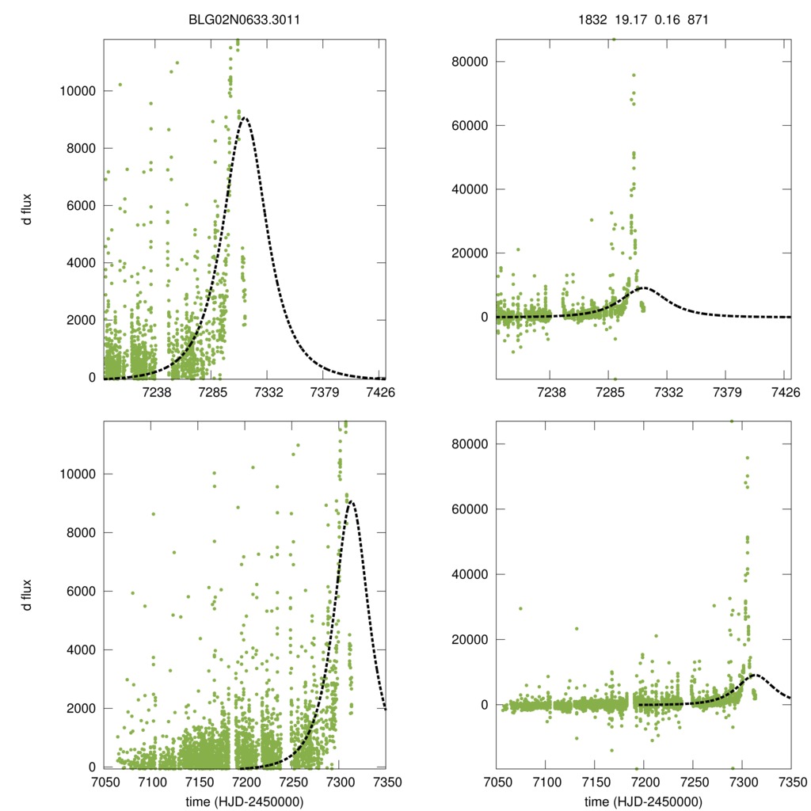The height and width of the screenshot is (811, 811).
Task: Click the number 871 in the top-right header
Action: pyautogui.click(x=698, y=18)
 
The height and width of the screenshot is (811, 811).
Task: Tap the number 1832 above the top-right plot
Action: pyautogui.click(x=592, y=18)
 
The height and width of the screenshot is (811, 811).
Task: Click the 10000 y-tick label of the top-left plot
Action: pyautogui.click(x=78, y=91)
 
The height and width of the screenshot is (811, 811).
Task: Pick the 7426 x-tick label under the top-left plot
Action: pyautogui.click(x=380, y=391)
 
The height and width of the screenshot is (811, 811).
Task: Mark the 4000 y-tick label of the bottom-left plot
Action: pyautogui.click(x=81, y=650)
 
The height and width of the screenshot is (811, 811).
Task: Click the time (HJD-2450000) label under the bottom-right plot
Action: pyautogui.click(x=643, y=801)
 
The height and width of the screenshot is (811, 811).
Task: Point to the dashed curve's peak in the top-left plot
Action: pyautogui.click(x=245, y=118)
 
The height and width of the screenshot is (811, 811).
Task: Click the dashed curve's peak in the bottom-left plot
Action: pyautogui.click(x=350, y=501)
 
